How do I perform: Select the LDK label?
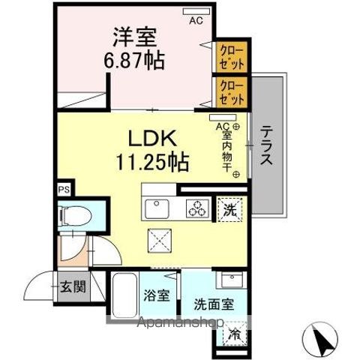[x=155, y=139]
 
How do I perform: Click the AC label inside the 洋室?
[x=196, y=21]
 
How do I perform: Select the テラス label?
[x=267, y=145]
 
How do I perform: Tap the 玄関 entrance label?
[x=73, y=286]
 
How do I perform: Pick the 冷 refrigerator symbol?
[x=235, y=335]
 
